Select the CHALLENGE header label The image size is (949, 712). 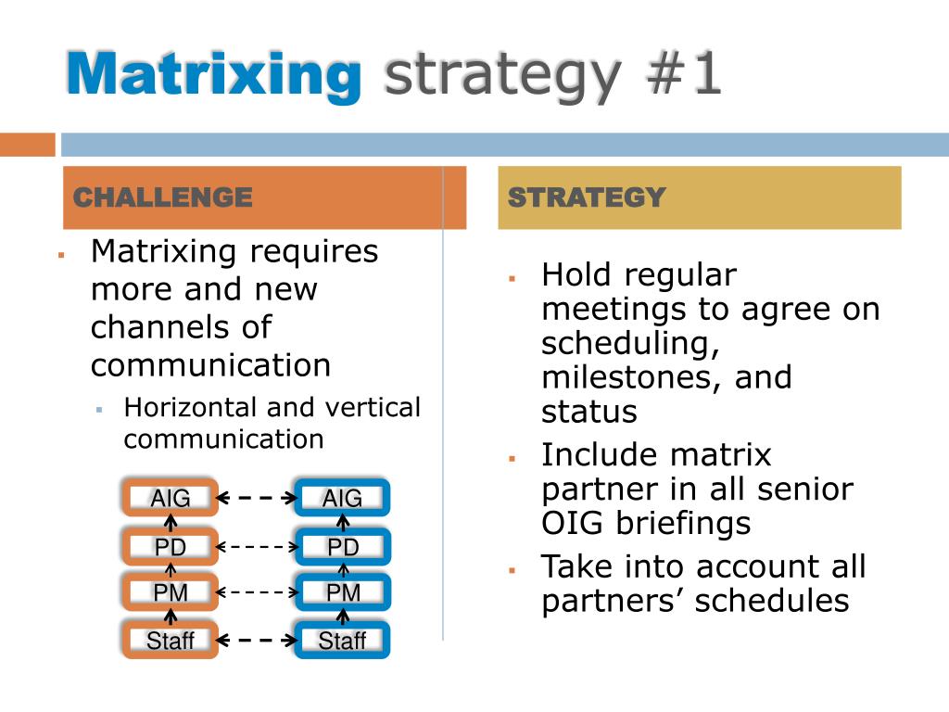tap(162, 197)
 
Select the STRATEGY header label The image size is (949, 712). tap(587, 197)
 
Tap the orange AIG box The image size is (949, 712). tap(170, 499)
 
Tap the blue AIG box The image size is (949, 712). tap(342, 499)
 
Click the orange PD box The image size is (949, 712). tap(170, 547)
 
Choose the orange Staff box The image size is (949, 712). tap(170, 641)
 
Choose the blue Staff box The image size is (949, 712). tap(342, 641)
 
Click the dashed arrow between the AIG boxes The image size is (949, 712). tap(256, 499)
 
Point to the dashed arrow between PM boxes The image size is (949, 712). tap(256, 591)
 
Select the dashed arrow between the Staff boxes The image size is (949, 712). tap(256, 640)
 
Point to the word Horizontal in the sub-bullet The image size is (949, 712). tap(190, 408)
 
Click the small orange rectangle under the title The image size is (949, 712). tap(27, 145)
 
